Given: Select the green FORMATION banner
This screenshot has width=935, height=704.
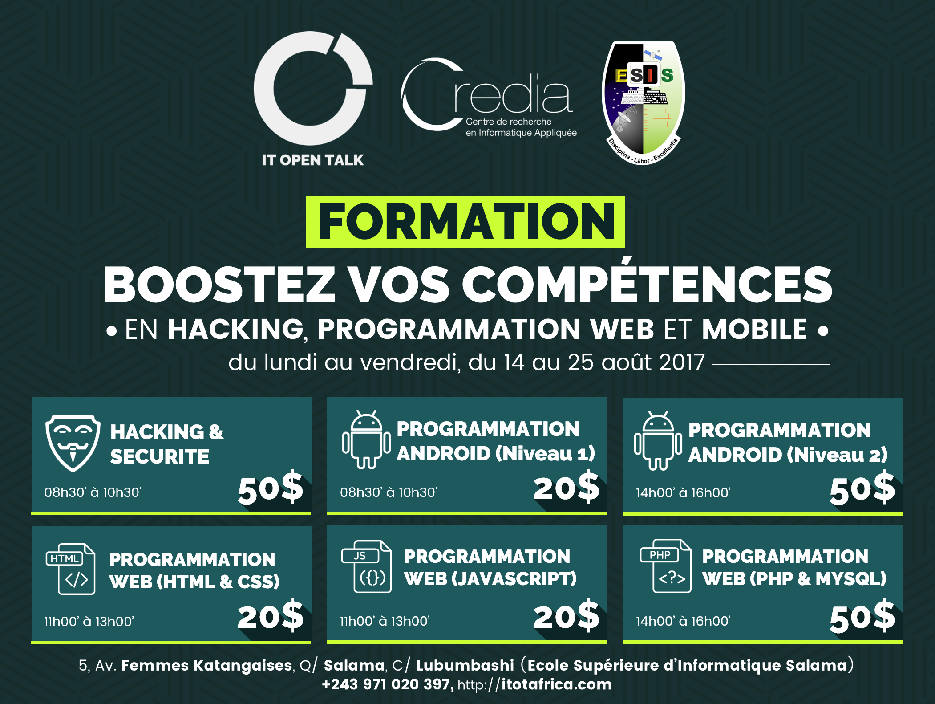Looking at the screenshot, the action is [465, 222].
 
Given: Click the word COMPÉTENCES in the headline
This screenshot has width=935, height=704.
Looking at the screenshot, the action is [647, 284].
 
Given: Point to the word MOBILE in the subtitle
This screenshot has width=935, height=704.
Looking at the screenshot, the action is [754, 330].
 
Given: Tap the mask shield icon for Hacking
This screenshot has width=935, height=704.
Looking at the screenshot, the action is [73, 443].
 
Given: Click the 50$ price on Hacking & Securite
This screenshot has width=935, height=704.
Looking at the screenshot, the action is [271, 488].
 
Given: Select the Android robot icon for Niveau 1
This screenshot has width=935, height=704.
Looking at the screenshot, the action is [366, 439].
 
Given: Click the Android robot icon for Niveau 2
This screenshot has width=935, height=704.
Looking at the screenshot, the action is [658, 440].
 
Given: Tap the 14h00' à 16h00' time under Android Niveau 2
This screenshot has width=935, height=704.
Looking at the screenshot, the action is [683, 493].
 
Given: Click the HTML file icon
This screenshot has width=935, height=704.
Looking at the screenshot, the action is [71, 569].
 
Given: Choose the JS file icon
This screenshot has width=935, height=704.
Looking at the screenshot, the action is [366, 566].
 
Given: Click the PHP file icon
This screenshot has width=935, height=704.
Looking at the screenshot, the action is [666, 566].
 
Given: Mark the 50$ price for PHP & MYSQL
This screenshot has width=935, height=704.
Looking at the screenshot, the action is [862, 617].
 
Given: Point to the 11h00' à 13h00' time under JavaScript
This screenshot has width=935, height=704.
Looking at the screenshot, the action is [385, 621].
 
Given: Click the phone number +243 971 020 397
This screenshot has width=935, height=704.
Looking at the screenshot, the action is [387, 684].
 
